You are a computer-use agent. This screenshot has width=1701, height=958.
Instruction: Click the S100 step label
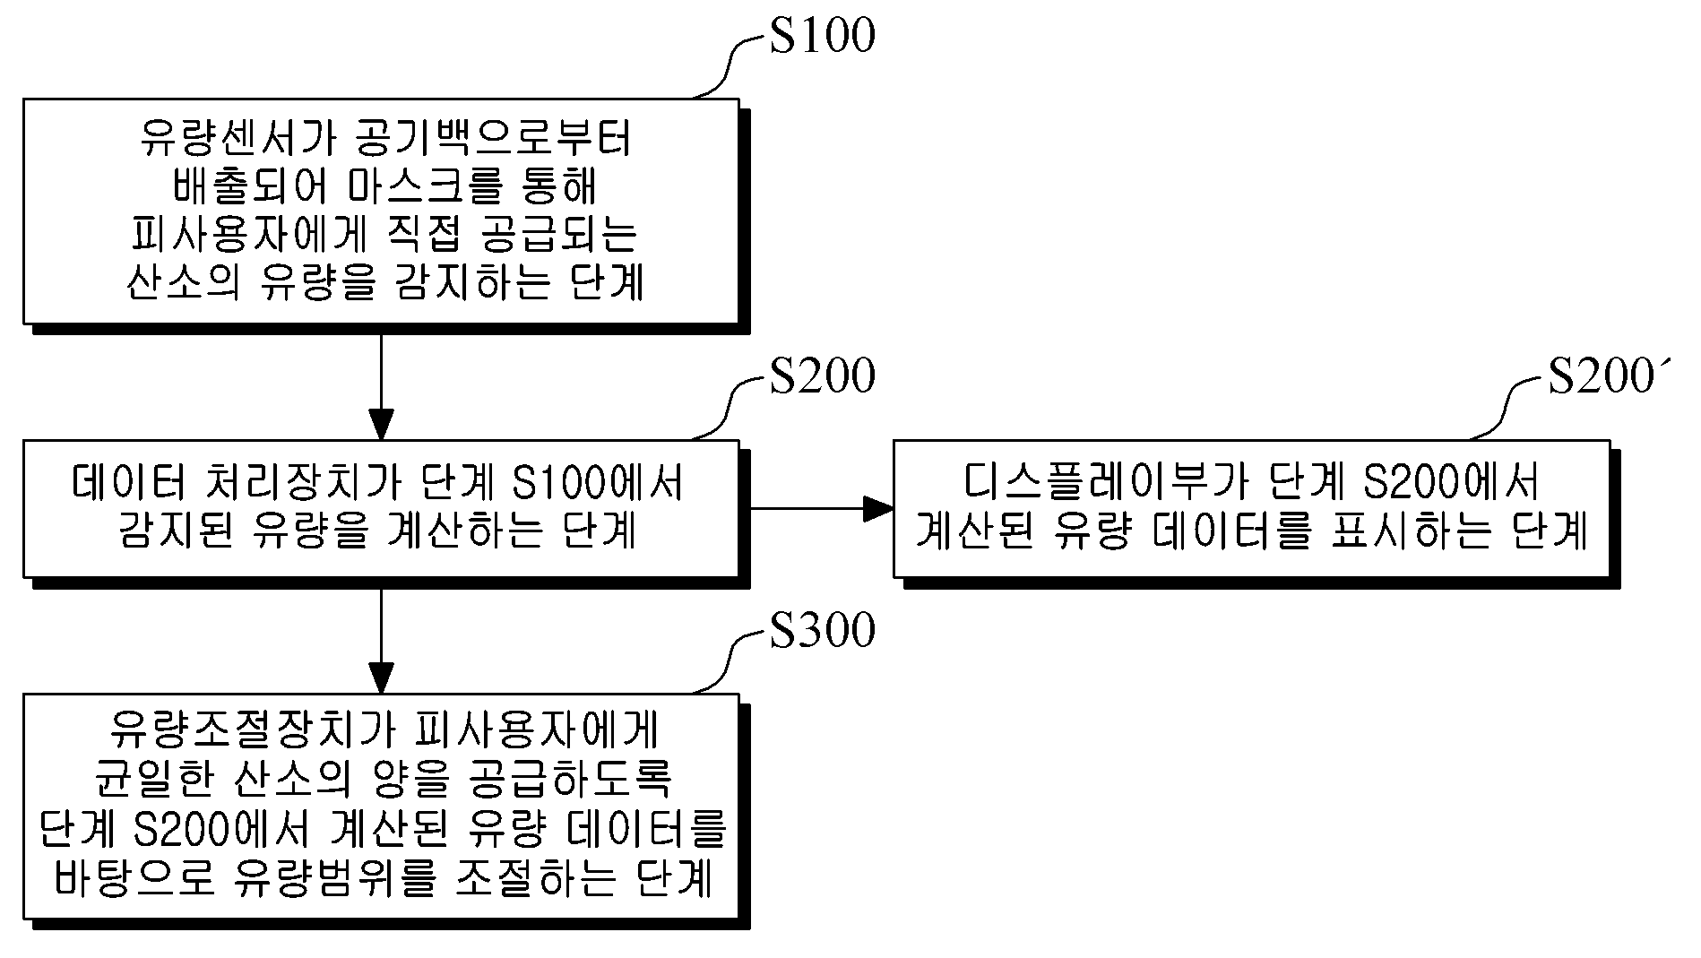point(822,37)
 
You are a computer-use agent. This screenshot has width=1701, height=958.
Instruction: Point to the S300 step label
point(822,631)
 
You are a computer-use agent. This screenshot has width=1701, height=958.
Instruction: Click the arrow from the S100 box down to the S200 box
point(382,386)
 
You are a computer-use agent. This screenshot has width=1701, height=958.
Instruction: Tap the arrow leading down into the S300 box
point(382,640)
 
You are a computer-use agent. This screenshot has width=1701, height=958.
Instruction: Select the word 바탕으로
point(134,878)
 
